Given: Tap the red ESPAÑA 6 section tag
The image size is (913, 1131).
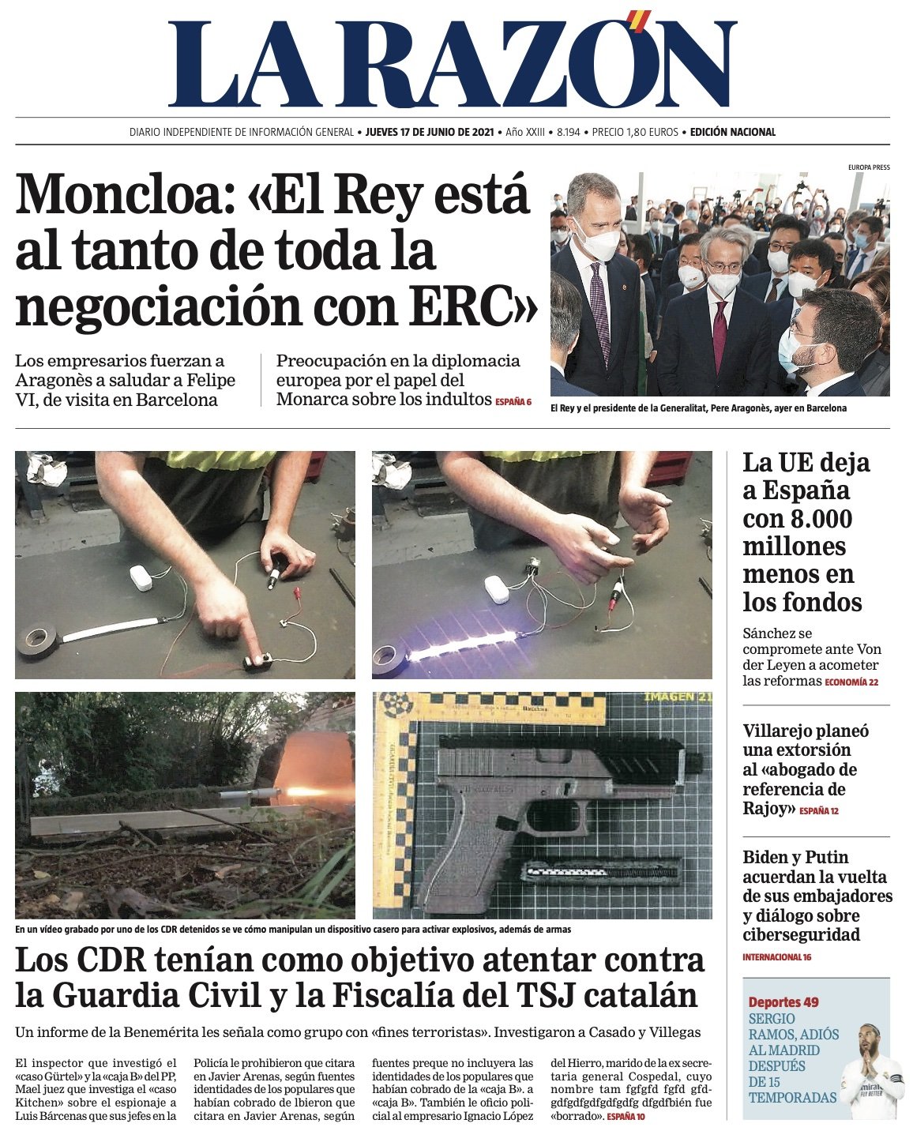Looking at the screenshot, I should tap(513, 402).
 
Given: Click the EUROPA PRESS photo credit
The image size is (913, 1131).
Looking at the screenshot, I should tap(869, 167).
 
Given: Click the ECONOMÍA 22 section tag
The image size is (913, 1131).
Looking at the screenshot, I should tap(851, 682).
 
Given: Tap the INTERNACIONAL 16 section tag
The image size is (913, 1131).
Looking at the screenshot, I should tap(776, 957).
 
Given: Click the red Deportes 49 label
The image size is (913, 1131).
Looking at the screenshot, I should tap(783, 1002).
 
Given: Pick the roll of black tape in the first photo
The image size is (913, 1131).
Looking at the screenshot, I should tap(37, 639).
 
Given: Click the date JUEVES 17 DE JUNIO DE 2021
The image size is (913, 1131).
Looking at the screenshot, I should tap(430, 132).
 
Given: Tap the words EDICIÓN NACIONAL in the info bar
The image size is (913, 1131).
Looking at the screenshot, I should tap(732, 132).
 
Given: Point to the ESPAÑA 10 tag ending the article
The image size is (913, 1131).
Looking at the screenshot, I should tap(626, 1117).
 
